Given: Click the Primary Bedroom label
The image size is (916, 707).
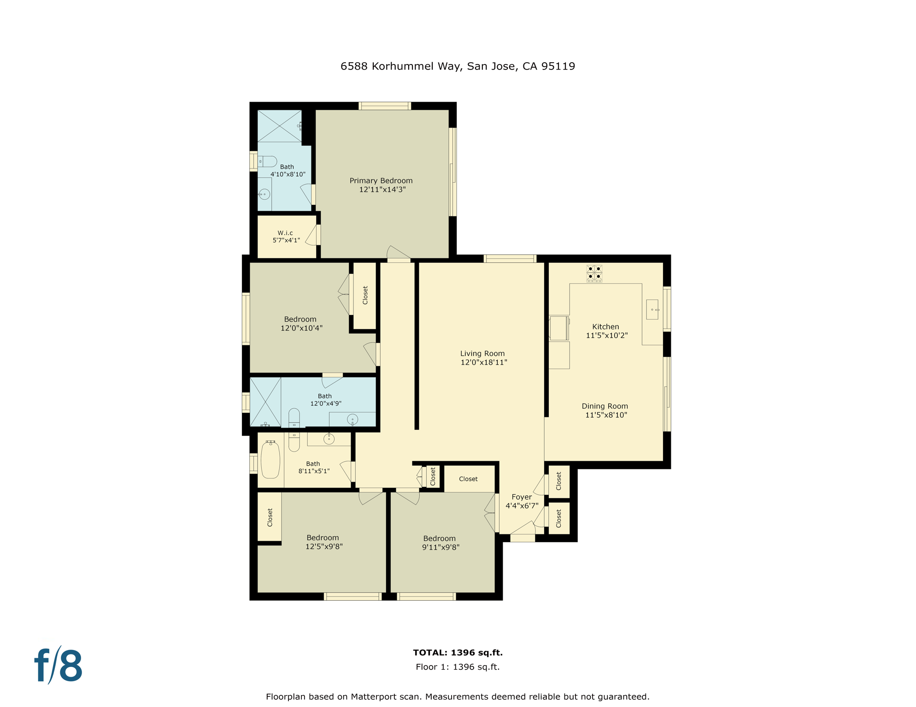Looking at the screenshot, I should [381, 181].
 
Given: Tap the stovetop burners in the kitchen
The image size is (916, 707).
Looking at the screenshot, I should [594, 272].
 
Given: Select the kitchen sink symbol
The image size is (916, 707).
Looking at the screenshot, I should [652, 309].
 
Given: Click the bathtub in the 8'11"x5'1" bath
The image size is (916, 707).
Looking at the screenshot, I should [270, 459].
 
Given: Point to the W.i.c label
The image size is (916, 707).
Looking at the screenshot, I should [285, 233].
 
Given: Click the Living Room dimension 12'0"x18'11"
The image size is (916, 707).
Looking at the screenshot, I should [484, 362].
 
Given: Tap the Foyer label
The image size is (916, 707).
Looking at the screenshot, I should [522, 497].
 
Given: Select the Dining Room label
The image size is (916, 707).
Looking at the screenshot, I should [605, 406].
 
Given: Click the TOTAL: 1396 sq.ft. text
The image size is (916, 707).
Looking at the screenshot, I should [458, 652].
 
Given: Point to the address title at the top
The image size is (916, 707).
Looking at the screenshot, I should [458, 66].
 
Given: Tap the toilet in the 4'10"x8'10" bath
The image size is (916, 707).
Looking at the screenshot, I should [267, 162].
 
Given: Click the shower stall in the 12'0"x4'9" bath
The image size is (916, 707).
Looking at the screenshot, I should [265, 402].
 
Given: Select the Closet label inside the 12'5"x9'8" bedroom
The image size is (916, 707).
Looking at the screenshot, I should [270, 517].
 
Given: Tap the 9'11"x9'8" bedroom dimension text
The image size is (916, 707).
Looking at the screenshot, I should [440, 547].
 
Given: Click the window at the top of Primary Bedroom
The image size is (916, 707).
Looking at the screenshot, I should [385, 106].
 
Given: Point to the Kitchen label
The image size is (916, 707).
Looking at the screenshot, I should [605, 326].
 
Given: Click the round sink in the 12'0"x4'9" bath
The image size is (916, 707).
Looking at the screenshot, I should [352, 419].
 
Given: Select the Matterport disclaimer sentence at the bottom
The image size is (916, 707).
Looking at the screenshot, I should [458, 696].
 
